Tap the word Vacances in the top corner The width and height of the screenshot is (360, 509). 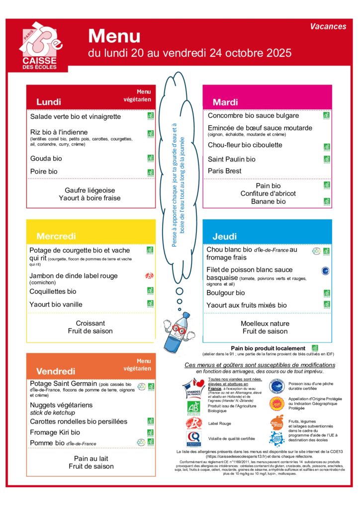coord(328,26)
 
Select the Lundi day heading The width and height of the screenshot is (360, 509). coord(49,102)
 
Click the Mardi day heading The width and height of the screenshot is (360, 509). coord(226,102)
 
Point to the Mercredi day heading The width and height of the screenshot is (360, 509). coord(56,236)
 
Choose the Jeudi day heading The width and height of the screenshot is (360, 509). coord(225,237)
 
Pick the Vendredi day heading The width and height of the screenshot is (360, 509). coord(56,371)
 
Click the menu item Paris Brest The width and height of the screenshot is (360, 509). coord(225,171)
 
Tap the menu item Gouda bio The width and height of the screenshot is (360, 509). coord(46,159)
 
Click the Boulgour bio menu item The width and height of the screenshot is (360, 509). coord(226,293)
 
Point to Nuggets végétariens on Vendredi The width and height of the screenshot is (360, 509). coord(61,405)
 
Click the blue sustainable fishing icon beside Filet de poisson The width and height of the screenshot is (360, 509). coord(326,271)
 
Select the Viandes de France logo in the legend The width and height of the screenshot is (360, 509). coord(193,388)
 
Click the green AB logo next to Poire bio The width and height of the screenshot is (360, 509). coord(150,172)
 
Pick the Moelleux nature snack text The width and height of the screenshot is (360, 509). coord(265,324)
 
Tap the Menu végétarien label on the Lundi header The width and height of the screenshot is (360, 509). coord(137,95)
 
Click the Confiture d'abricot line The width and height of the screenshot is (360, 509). coord(268,193)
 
